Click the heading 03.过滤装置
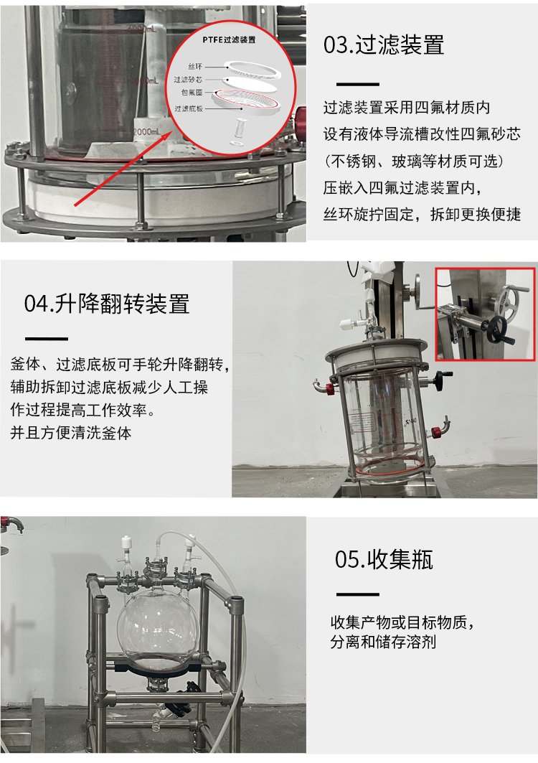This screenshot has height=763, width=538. (383, 45)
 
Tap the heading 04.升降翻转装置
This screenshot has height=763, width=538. (107, 304)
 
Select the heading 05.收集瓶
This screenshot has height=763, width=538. (383, 559)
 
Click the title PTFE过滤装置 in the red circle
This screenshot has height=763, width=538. (229, 40)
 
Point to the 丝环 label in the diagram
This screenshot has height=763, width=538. (195, 66)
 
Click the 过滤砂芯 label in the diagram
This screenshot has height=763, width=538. (188, 80)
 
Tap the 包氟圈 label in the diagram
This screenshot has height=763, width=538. (192, 93)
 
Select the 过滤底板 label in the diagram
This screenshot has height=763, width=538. (188, 108)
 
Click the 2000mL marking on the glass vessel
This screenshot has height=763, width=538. (146, 131)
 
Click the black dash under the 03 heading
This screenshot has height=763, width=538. (357, 84)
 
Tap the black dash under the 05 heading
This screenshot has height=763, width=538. (357, 594)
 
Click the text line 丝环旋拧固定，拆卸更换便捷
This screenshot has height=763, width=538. (422, 214)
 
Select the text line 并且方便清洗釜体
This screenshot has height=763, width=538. (70, 433)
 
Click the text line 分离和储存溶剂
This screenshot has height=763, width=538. (383, 642)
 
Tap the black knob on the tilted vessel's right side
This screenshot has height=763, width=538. (443, 376)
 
